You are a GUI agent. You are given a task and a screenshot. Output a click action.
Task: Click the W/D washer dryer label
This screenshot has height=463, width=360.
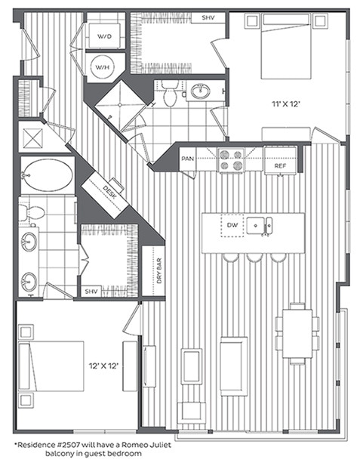pos(101,35)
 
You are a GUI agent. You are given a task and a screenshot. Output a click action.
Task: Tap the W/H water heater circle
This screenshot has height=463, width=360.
pos(101,67)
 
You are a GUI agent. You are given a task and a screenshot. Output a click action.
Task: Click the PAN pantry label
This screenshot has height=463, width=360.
pos(188,159)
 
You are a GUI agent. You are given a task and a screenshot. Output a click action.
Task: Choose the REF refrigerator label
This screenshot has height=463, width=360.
pos(279,165)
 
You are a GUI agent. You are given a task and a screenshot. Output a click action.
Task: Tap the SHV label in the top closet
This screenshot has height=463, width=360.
pos(208,17)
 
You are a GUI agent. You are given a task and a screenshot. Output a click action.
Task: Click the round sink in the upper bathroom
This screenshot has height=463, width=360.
pos(201,92)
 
